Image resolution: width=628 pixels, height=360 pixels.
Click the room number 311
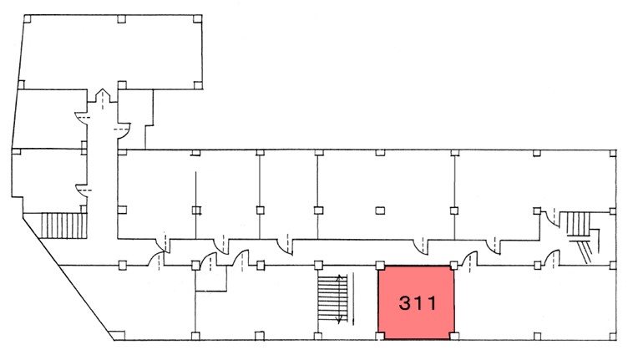tap(418, 303)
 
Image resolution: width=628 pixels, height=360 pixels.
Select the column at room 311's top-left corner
tap(380, 265)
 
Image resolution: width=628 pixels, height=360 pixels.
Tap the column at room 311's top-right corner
tap(453, 265)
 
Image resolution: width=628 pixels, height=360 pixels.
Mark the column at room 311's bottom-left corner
tap(380, 336)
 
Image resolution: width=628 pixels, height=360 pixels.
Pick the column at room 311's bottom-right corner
tap(453, 336)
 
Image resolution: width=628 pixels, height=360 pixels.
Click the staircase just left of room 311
tap(332, 298)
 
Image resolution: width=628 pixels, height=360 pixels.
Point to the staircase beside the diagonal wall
tap(64, 226)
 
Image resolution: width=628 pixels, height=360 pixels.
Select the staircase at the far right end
tap(579, 232)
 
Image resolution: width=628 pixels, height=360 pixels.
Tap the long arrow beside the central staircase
tap(353, 298)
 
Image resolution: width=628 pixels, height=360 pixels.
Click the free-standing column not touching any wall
tap(380, 210)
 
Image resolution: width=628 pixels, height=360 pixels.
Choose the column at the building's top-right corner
tap(613, 153)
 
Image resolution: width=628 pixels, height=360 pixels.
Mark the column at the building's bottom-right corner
tap(613, 336)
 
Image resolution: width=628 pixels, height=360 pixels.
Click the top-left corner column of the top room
tap(28, 19)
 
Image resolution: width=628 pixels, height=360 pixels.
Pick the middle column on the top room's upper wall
tap(122, 19)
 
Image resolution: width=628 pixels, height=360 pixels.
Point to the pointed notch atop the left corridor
tap(103, 95)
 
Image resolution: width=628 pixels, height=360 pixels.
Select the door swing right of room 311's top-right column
tap(468, 259)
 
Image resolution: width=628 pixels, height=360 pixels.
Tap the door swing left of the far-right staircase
tap(549, 219)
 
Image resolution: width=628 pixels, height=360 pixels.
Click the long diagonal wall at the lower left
tap(68, 277)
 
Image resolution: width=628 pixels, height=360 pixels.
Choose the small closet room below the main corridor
tap(211, 278)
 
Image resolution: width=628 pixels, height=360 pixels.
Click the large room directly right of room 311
tap(534, 302)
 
